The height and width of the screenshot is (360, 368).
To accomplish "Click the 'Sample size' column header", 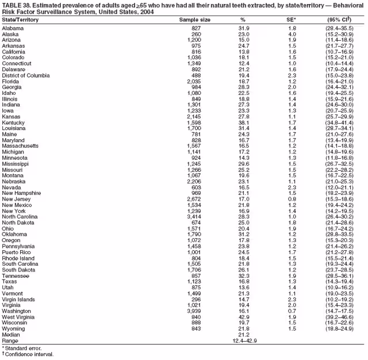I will (196, 20).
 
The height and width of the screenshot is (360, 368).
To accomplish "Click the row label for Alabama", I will (13, 28).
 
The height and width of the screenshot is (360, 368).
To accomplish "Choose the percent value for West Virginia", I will (243, 317).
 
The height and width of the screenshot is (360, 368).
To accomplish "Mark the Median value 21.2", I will (243, 334).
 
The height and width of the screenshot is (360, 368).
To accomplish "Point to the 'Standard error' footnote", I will (24, 348).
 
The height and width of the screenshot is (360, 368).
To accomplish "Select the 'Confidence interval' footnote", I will (29, 355).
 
